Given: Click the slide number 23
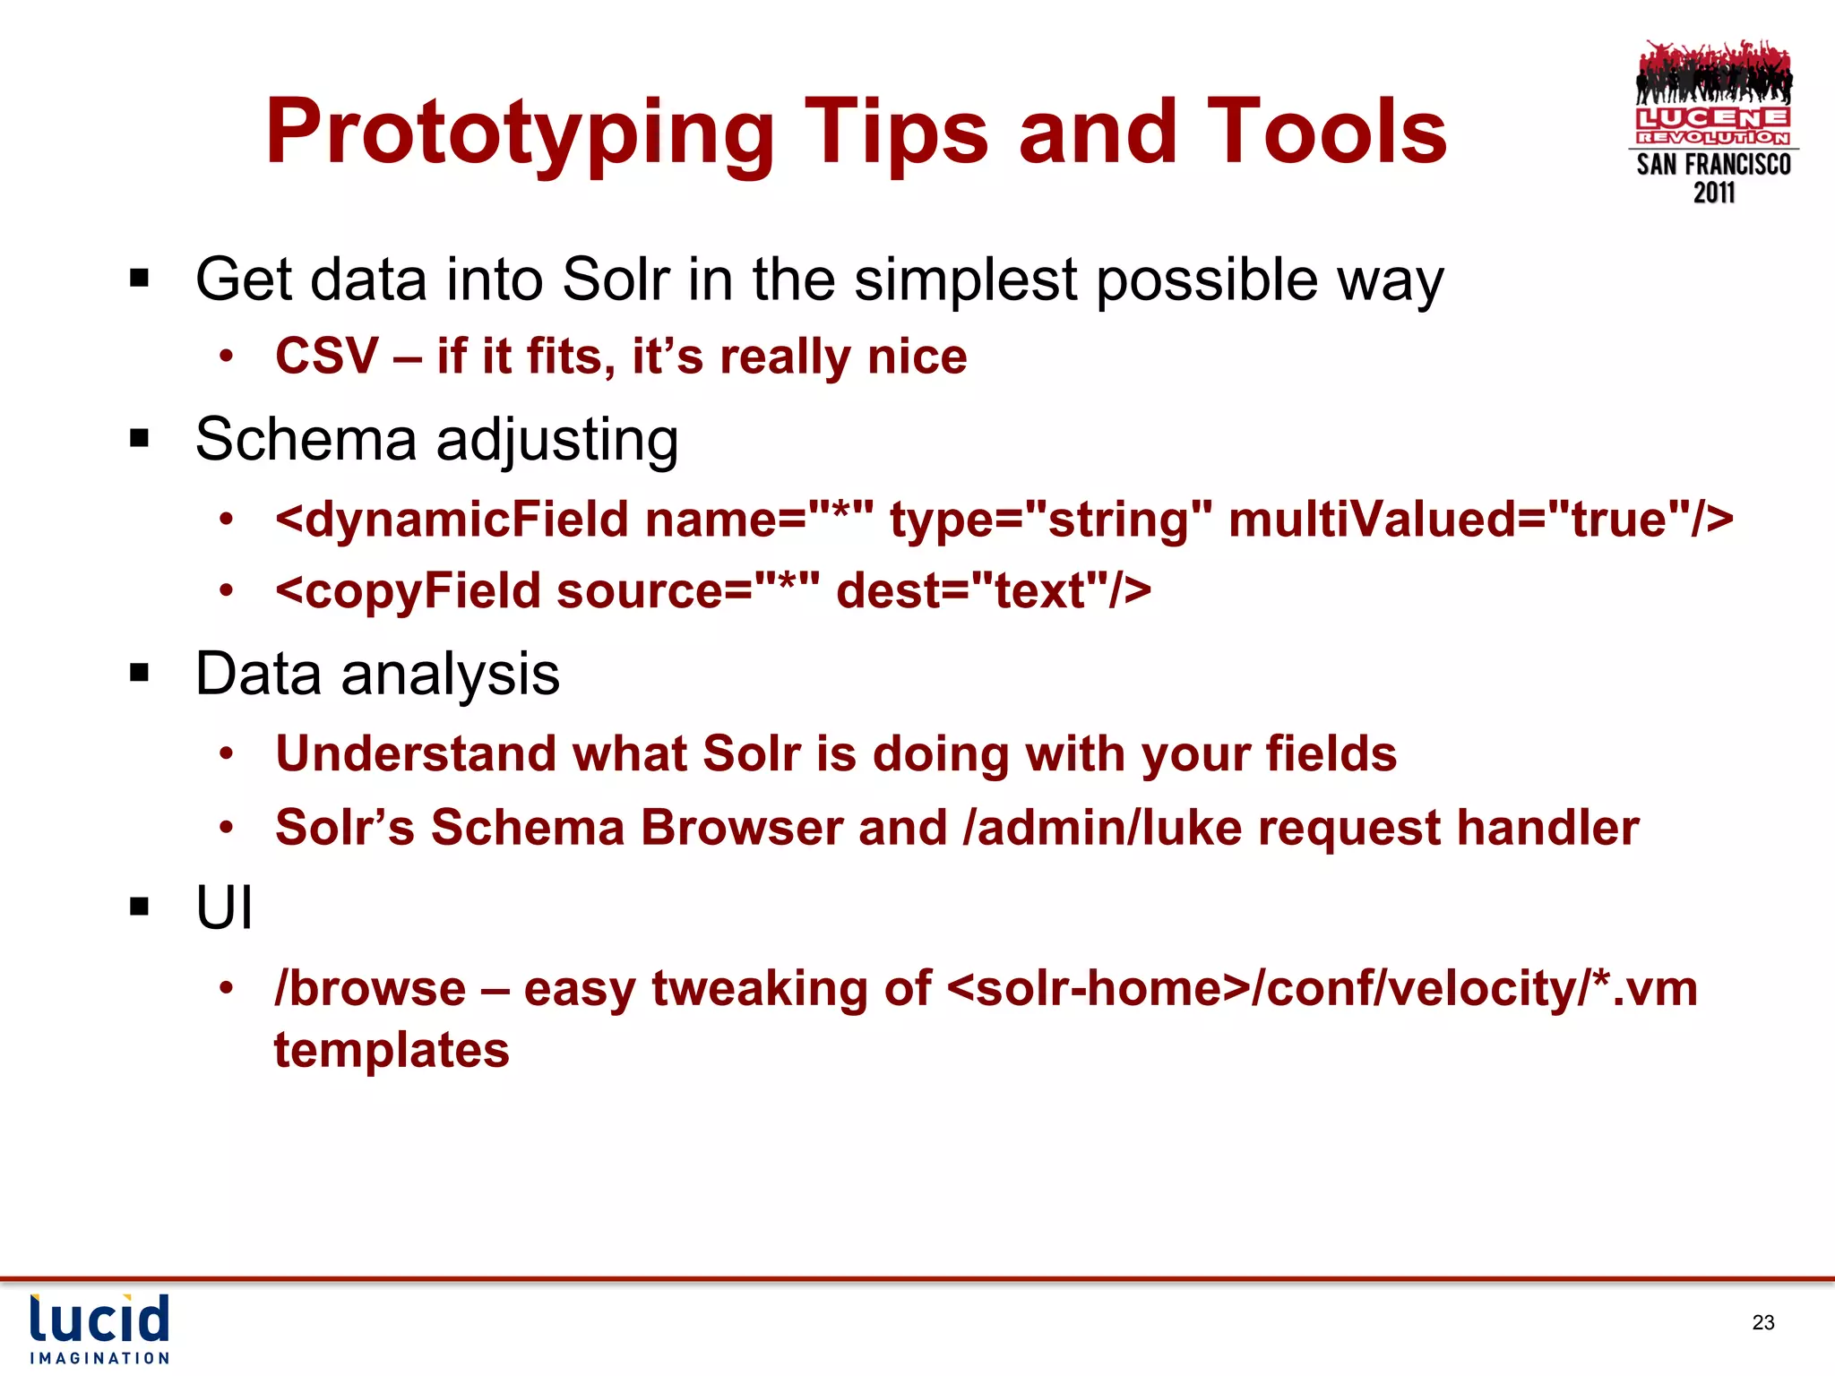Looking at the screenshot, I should (x=1762, y=1322).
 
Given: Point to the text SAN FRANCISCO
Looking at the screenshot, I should (x=1713, y=165).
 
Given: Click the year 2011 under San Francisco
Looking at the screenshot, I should (x=1713, y=193).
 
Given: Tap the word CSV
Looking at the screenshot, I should (x=327, y=357).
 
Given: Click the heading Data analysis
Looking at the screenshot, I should (x=377, y=674).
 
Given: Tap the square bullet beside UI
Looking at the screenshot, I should (x=139, y=907).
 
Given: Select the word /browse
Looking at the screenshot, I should (x=370, y=989).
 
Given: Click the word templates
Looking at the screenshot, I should (x=392, y=1050).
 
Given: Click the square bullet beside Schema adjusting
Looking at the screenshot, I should (x=139, y=439).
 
